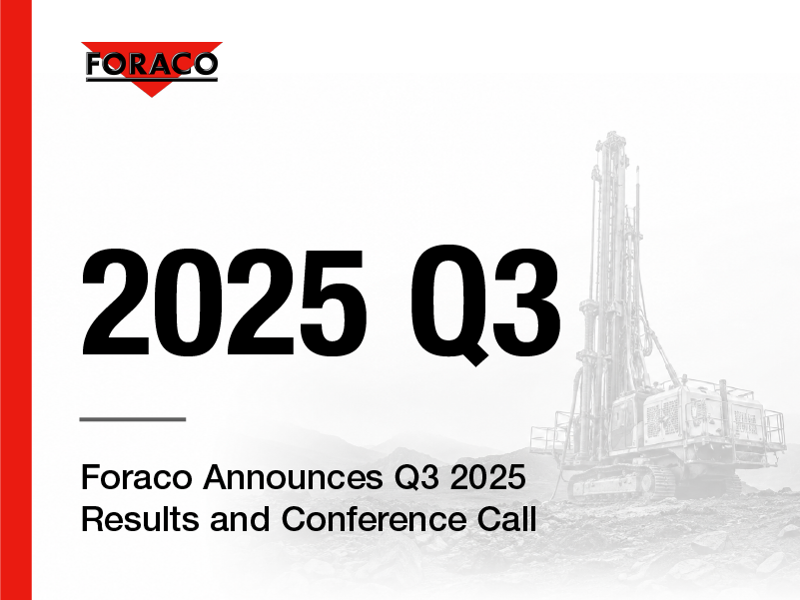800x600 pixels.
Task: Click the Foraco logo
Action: [x=152, y=68]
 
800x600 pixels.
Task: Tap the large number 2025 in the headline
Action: [x=224, y=302]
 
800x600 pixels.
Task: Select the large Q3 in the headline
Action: [x=485, y=304]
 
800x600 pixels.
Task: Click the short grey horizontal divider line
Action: [x=133, y=419]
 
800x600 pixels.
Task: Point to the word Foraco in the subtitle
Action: [x=137, y=477]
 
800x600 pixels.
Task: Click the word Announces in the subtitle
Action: [x=293, y=477]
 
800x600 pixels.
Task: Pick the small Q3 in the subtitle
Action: [x=415, y=478]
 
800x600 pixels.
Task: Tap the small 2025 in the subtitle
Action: [x=487, y=477]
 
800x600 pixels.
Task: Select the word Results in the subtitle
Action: [x=140, y=519]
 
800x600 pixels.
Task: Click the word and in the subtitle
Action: [x=240, y=519]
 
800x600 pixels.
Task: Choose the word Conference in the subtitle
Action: [x=374, y=519]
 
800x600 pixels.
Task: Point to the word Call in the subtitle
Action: [x=506, y=519]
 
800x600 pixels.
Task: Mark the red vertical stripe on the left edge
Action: [x=16, y=300]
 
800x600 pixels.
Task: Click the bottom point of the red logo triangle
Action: [x=152, y=97]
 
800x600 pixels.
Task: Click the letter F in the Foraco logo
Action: [x=95, y=64]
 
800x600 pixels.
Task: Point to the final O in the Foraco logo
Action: [x=205, y=64]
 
